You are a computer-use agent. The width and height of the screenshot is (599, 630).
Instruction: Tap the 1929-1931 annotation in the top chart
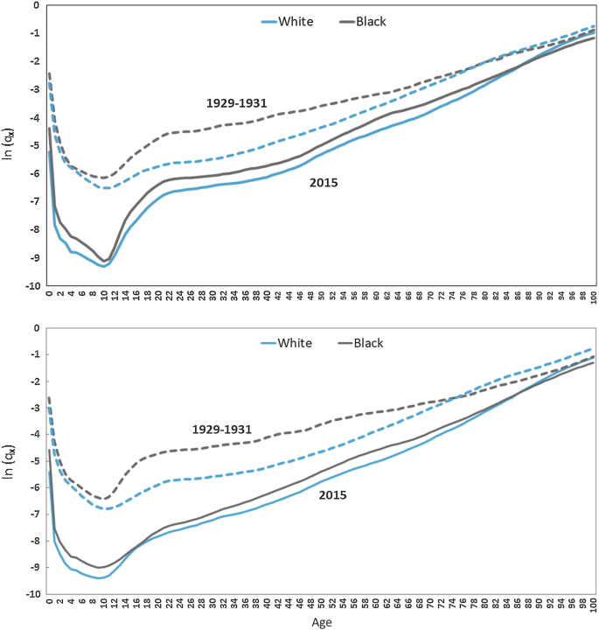tap(236, 103)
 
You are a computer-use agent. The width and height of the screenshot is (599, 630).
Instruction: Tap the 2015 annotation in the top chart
tap(323, 183)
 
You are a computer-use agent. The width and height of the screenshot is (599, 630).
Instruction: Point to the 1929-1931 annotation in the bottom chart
tap(222, 430)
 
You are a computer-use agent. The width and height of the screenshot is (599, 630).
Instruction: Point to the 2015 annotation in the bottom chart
tap(333, 495)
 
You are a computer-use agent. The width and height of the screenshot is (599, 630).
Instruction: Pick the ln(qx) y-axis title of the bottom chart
tap(10, 461)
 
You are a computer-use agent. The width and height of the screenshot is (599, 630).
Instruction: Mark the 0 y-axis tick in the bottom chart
tap(36, 328)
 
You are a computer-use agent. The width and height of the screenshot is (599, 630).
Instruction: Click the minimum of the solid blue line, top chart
tap(103, 266)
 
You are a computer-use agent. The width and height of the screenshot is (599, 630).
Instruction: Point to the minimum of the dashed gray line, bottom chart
tap(103, 499)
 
